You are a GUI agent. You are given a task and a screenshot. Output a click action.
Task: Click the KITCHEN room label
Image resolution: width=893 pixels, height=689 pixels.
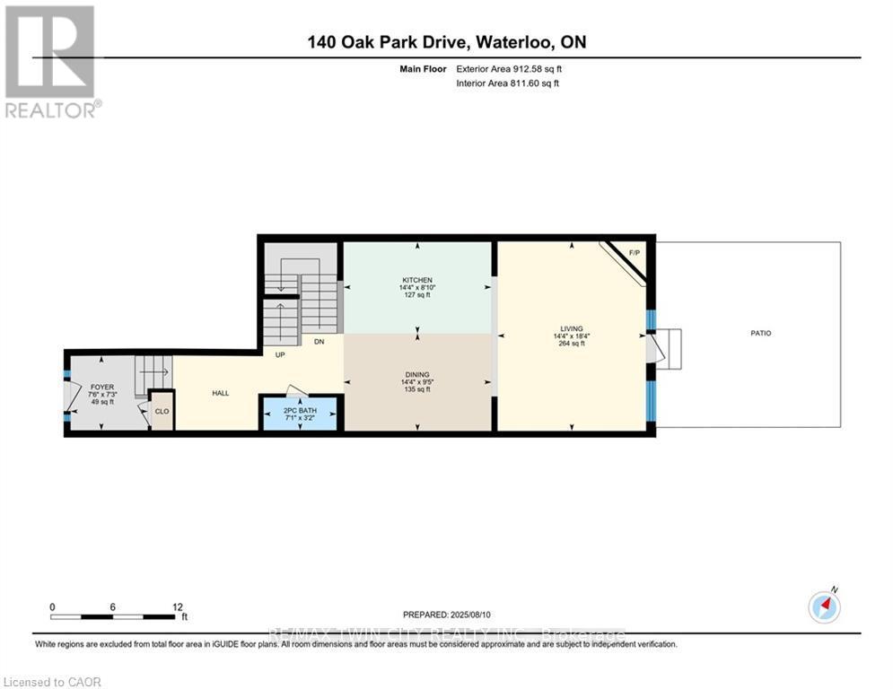[x=417, y=280]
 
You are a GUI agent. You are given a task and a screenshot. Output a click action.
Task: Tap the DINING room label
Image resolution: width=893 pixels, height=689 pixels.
[x=417, y=374]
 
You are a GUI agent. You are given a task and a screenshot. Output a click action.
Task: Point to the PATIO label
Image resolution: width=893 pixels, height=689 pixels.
[x=761, y=333]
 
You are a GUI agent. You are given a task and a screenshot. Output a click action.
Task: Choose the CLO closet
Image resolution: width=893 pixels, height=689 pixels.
[x=162, y=412]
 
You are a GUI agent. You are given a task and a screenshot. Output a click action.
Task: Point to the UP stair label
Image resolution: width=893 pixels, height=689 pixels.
[x=281, y=353]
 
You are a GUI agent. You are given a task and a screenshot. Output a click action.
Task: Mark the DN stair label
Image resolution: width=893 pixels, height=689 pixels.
[x=319, y=341]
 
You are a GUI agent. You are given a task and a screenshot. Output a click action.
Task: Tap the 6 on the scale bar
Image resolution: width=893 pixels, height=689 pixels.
[x=113, y=606]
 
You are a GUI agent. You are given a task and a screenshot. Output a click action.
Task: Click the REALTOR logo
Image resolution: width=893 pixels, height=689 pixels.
[x=52, y=61]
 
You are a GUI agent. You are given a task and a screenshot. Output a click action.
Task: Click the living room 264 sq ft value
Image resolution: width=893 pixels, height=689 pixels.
[x=570, y=344]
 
